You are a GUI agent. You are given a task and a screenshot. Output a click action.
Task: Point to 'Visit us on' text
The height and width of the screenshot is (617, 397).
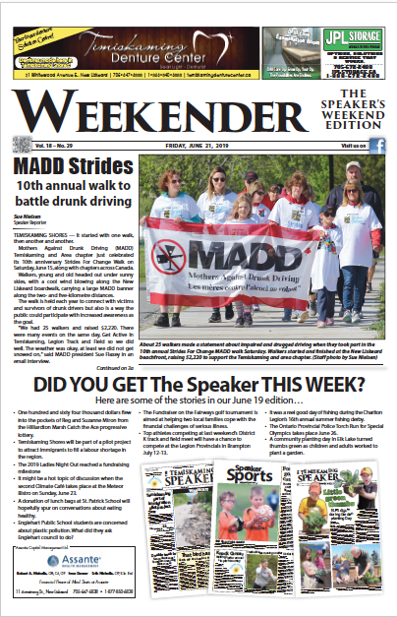352,146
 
